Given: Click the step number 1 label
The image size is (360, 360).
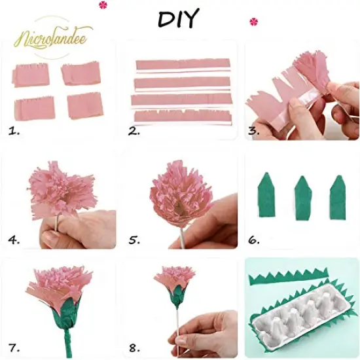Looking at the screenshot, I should click(14, 131).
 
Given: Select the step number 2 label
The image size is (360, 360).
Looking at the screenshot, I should click(134, 131).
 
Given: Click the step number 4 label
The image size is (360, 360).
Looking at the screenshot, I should click(14, 240).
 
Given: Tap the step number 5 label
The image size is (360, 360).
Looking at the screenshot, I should click(134, 240).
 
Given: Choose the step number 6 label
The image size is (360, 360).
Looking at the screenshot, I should click(254, 240).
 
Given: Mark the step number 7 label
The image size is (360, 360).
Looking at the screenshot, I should click(14, 347).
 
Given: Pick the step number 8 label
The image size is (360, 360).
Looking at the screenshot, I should click(134, 347).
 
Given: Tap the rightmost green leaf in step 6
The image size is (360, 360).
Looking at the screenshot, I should click(338, 197).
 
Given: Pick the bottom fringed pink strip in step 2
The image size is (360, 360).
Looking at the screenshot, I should click(181, 116).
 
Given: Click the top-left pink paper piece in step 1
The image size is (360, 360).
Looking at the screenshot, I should click(29, 75).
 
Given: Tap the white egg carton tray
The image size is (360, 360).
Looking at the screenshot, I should click(298, 308).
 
